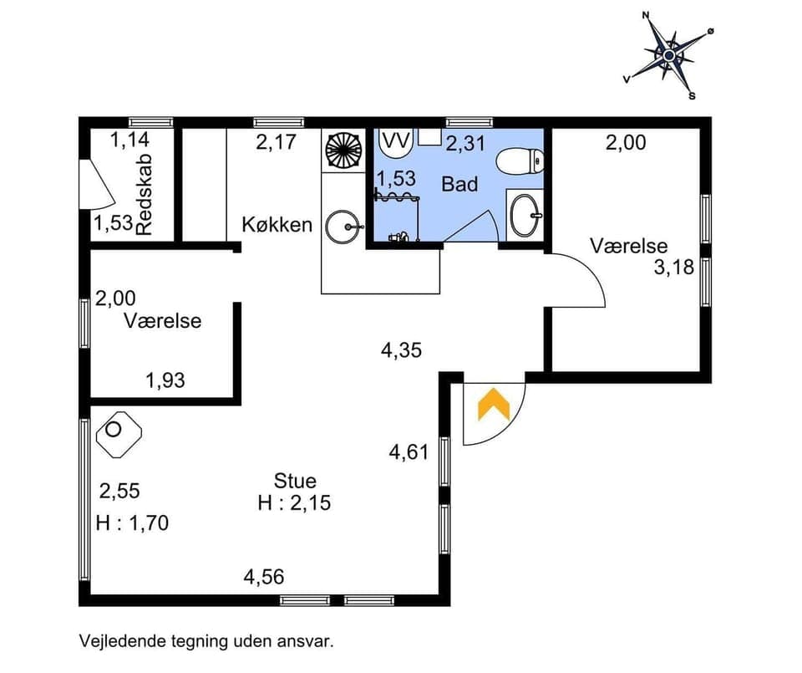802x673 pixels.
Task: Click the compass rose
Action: pyautogui.click(x=668, y=54)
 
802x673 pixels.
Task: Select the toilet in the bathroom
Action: pyautogui.click(x=520, y=158)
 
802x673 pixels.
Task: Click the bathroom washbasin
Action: pyautogui.click(x=525, y=215)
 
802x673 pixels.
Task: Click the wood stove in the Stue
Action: pyautogui.click(x=118, y=433)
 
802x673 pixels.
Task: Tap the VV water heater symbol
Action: pyautogui.click(x=395, y=140)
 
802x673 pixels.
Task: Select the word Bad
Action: pyautogui.click(x=459, y=184)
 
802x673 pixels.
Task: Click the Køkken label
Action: pyautogui.click(x=277, y=224)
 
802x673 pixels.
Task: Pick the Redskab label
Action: pyautogui.click(x=145, y=196)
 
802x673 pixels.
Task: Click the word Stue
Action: pyautogui.click(x=295, y=481)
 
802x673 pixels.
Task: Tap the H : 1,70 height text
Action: pyautogui.click(x=132, y=523)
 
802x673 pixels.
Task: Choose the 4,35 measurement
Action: pyautogui.click(x=401, y=349)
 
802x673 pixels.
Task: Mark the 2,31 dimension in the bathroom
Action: pyautogui.click(x=465, y=144)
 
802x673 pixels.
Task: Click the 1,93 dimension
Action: pyautogui.click(x=165, y=381)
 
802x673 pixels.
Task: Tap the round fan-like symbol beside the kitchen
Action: pyautogui.click(x=341, y=151)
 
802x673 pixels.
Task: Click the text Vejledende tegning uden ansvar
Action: pyautogui.click(x=206, y=642)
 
